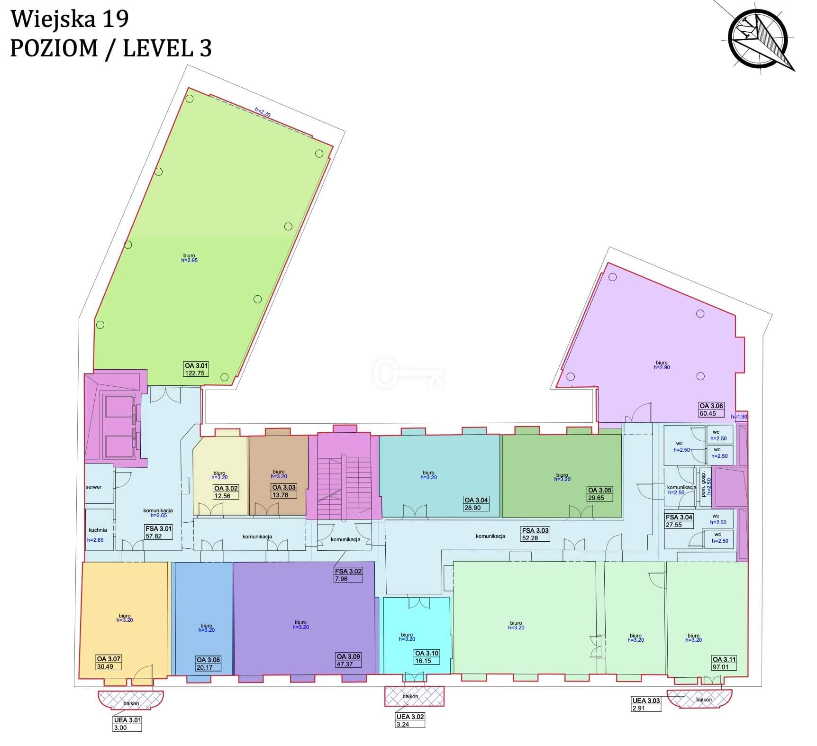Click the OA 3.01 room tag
coord(196,365)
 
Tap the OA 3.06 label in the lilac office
coord(711,406)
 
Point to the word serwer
coord(94,487)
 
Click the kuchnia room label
coord(98,530)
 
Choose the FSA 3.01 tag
coord(159,528)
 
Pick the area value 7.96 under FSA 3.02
coord(341,579)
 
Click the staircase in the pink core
coord(344,488)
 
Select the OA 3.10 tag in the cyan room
coord(427,653)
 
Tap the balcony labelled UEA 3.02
coord(414,696)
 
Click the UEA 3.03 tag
coord(646,701)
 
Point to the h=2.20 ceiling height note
coord(263,112)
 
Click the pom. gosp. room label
coord(704,484)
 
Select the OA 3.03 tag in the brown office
coord(284,487)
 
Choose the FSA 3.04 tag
coord(679,517)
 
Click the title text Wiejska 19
coord(70,19)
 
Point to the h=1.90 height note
coord(739,417)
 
